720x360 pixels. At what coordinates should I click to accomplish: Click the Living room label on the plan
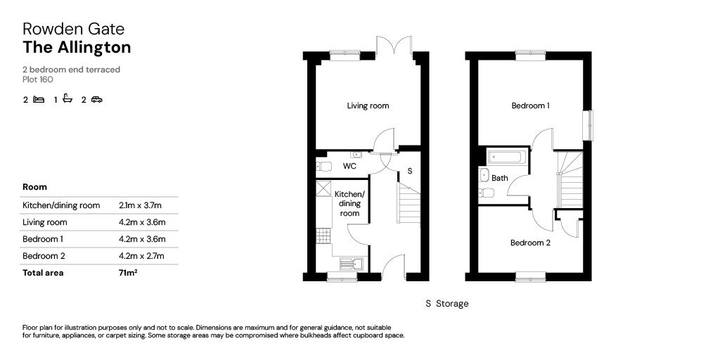pyautogui.click(x=368, y=106)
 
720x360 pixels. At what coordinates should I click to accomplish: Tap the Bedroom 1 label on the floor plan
pyautogui.click(x=530, y=106)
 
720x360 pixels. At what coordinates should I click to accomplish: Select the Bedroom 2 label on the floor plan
pyautogui.click(x=530, y=243)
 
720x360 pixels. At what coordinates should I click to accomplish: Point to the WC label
pyautogui.click(x=349, y=167)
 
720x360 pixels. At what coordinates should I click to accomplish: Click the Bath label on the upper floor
pyautogui.click(x=499, y=179)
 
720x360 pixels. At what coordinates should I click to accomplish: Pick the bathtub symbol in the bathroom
pyautogui.click(x=506, y=157)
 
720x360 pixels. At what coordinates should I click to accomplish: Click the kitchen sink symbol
pyautogui.click(x=349, y=264)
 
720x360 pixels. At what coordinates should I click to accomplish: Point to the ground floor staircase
pyautogui.click(x=409, y=204)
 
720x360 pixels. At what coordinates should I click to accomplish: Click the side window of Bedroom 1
pyautogui.click(x=589, y=124)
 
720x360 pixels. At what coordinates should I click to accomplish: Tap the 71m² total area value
pyautogui.click(x=128, y=273)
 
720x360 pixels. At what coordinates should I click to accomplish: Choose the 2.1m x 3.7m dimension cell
pyautogui.click(x=141, y=205)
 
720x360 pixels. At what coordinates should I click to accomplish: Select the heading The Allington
pyautogui.click(x=77, y=48)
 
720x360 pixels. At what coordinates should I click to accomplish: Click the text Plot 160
pyautogui.click(x=38, y=79)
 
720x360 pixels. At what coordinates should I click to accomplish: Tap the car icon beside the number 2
pyautogui.click(x=96, y=100)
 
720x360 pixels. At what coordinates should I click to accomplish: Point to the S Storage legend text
pyautogui.click(x=446, y=304)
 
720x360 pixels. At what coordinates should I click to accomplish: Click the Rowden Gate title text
pyautogui.click(x=73, y=29)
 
